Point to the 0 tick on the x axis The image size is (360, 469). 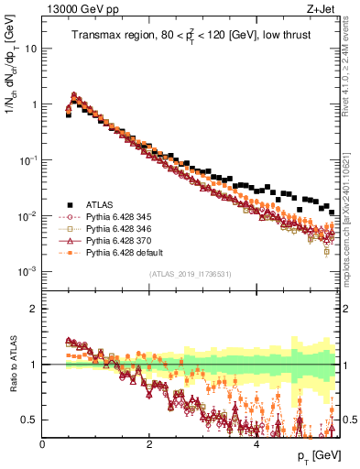coord(42,443)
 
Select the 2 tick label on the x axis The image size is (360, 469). coord(149,443)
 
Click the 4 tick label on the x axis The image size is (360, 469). coord(256,443)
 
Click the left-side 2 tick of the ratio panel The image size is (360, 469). coord(33,309)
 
